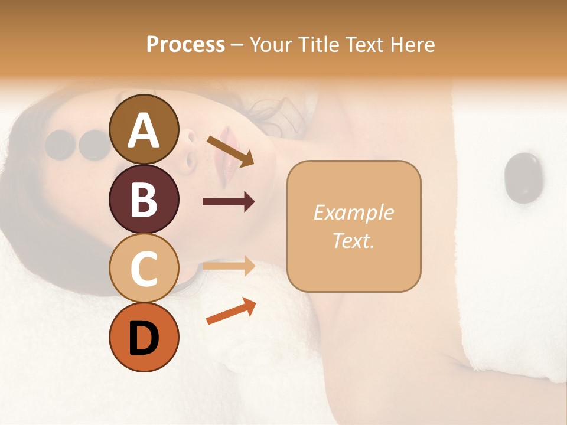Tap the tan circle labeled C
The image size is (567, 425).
click(144, 268)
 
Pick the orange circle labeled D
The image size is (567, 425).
click(144, 337)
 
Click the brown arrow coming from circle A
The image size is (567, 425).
click(230, 151)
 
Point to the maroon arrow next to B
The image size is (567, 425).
click(229, 202)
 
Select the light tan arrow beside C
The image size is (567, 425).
click(229, 266)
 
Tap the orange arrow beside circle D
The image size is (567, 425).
click(231, 312)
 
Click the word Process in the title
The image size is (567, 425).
click(185, 44)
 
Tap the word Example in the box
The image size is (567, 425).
click(353, 212)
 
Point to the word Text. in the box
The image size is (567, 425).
click(353, 240)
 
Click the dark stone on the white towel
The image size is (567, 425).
click(523, 178)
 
